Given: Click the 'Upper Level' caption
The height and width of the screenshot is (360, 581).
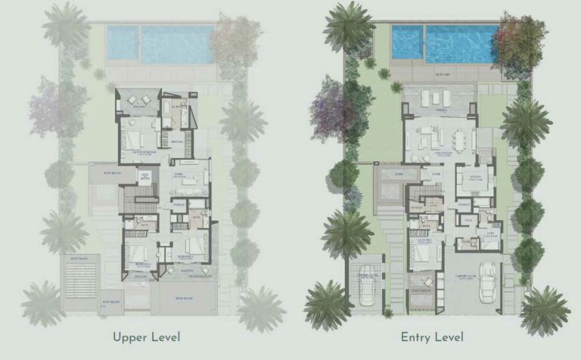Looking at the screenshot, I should [147, 337].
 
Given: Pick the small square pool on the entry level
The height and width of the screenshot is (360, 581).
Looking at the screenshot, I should [407, 43].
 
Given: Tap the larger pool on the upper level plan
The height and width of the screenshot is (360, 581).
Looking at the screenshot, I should [177, 45].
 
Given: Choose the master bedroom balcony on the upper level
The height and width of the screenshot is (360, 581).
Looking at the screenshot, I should [138, 101].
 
